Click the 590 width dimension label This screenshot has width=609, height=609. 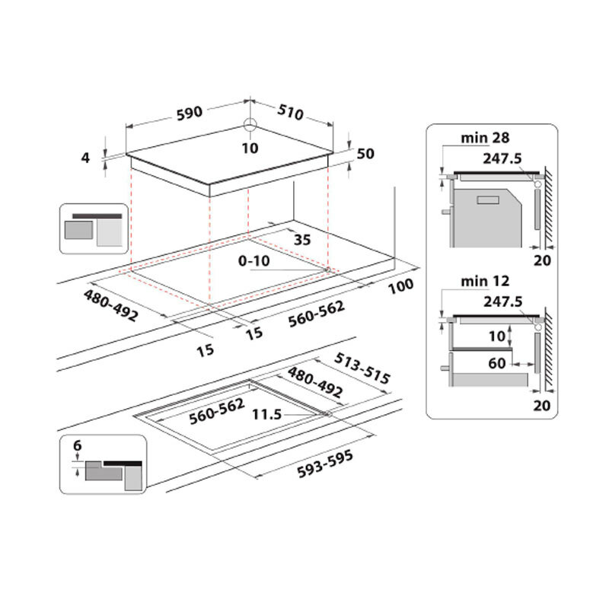[x=190, y=113]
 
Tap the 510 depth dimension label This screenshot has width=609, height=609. [x=289, y=112]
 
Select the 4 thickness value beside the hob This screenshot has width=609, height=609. [x=87, y=158]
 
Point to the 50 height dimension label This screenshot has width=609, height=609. [x=365, y=154]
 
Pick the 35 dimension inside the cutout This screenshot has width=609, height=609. [x=302, y=240]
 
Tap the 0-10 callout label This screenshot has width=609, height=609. [x=252, y=260]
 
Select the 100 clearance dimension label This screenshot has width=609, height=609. [x=400, y=285]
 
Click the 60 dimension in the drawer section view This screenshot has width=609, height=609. [x=497, y=363]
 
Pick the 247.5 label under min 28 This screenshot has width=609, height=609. [x=502, y=158]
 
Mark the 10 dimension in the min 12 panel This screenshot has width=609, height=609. [x=496, y=336]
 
